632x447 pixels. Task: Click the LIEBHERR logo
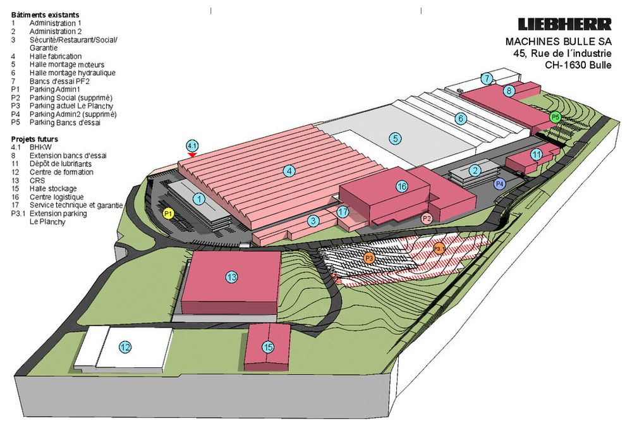564,24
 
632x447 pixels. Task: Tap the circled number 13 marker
231,277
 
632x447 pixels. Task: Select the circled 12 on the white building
125,347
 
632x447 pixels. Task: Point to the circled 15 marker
268,347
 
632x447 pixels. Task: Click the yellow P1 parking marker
169,214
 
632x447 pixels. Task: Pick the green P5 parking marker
556,118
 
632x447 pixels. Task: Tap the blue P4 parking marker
500,184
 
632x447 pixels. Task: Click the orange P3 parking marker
369,257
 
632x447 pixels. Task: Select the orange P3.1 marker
439,248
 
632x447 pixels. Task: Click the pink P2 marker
427,219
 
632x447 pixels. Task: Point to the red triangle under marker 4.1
192,155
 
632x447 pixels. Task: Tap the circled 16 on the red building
402,187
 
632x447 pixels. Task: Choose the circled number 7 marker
487,78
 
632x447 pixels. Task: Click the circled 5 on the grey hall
396,138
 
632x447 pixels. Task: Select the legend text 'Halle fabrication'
56,56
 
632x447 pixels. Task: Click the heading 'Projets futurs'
35,139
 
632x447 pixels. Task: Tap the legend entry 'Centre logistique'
57,197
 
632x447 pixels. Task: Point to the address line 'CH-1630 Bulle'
578,65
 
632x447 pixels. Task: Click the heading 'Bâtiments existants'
45,15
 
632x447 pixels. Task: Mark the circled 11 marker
537,155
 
